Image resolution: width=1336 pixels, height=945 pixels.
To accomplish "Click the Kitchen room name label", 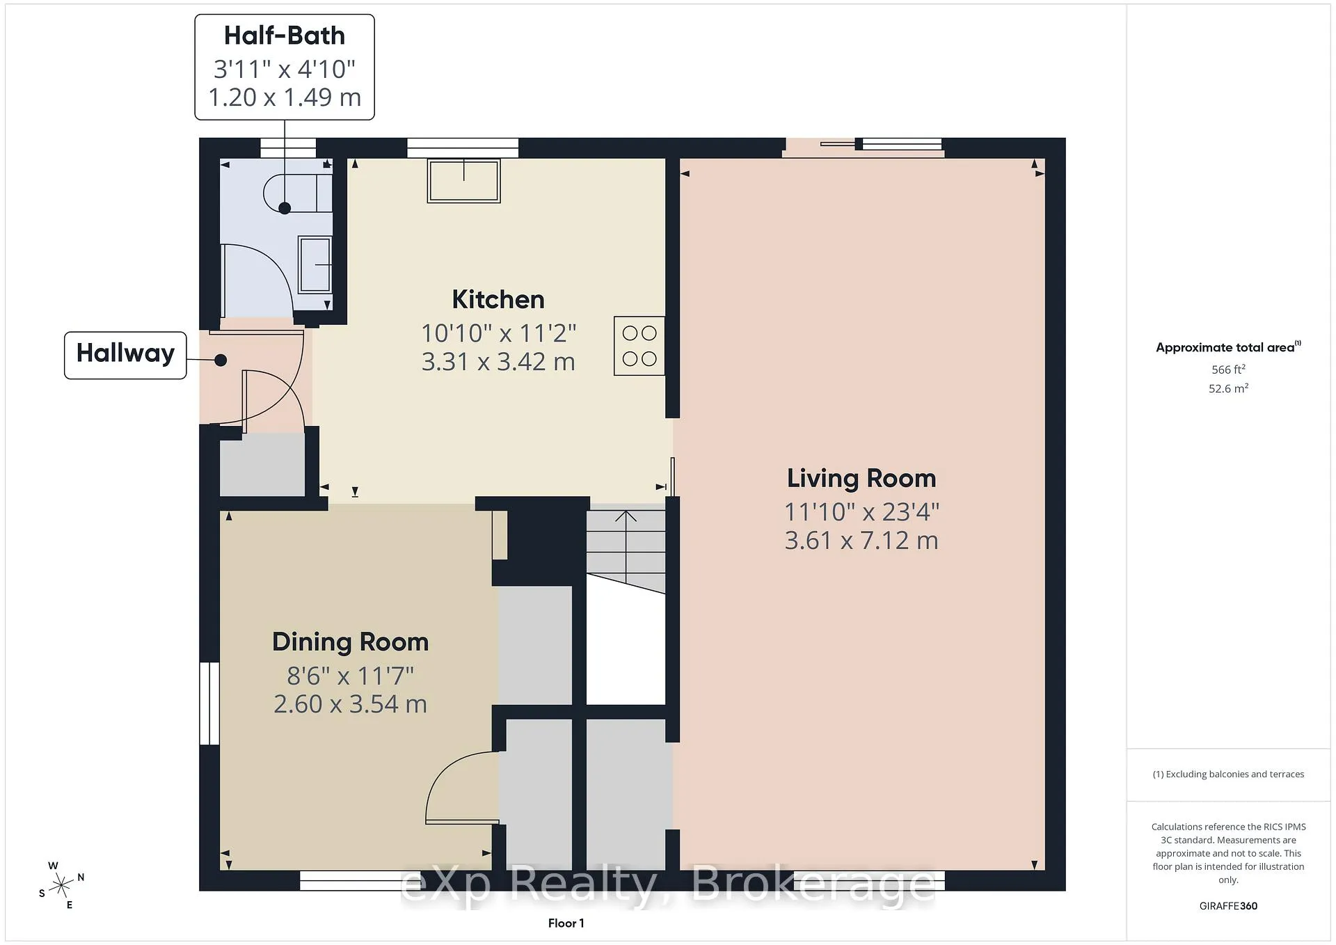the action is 498,299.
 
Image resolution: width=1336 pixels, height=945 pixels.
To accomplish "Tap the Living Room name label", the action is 861,478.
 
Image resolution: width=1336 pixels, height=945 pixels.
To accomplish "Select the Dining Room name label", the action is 350,642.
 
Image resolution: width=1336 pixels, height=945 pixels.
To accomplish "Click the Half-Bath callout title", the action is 285,35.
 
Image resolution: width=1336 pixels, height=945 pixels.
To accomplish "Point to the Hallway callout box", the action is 125,355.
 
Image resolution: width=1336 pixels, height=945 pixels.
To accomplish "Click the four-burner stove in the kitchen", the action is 639,346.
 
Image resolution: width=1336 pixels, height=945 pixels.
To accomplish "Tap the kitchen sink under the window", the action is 464,181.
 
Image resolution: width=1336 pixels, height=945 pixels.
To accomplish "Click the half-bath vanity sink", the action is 315,264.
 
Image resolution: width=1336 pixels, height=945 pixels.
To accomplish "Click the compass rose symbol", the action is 62,885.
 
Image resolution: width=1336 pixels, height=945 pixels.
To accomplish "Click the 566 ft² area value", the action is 1228,370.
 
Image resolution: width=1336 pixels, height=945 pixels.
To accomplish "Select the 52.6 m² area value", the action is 1228,388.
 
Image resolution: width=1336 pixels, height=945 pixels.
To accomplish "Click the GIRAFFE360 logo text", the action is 1228,906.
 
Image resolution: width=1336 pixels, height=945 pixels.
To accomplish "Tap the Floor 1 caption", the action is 566,923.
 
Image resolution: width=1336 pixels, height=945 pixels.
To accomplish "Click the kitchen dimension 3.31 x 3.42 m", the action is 498,362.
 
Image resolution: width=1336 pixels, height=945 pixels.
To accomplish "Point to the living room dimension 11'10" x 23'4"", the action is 861,511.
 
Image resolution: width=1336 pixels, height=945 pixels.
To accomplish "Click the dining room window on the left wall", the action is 209,704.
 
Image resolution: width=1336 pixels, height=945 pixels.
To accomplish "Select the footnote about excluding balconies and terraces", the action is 1228,774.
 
